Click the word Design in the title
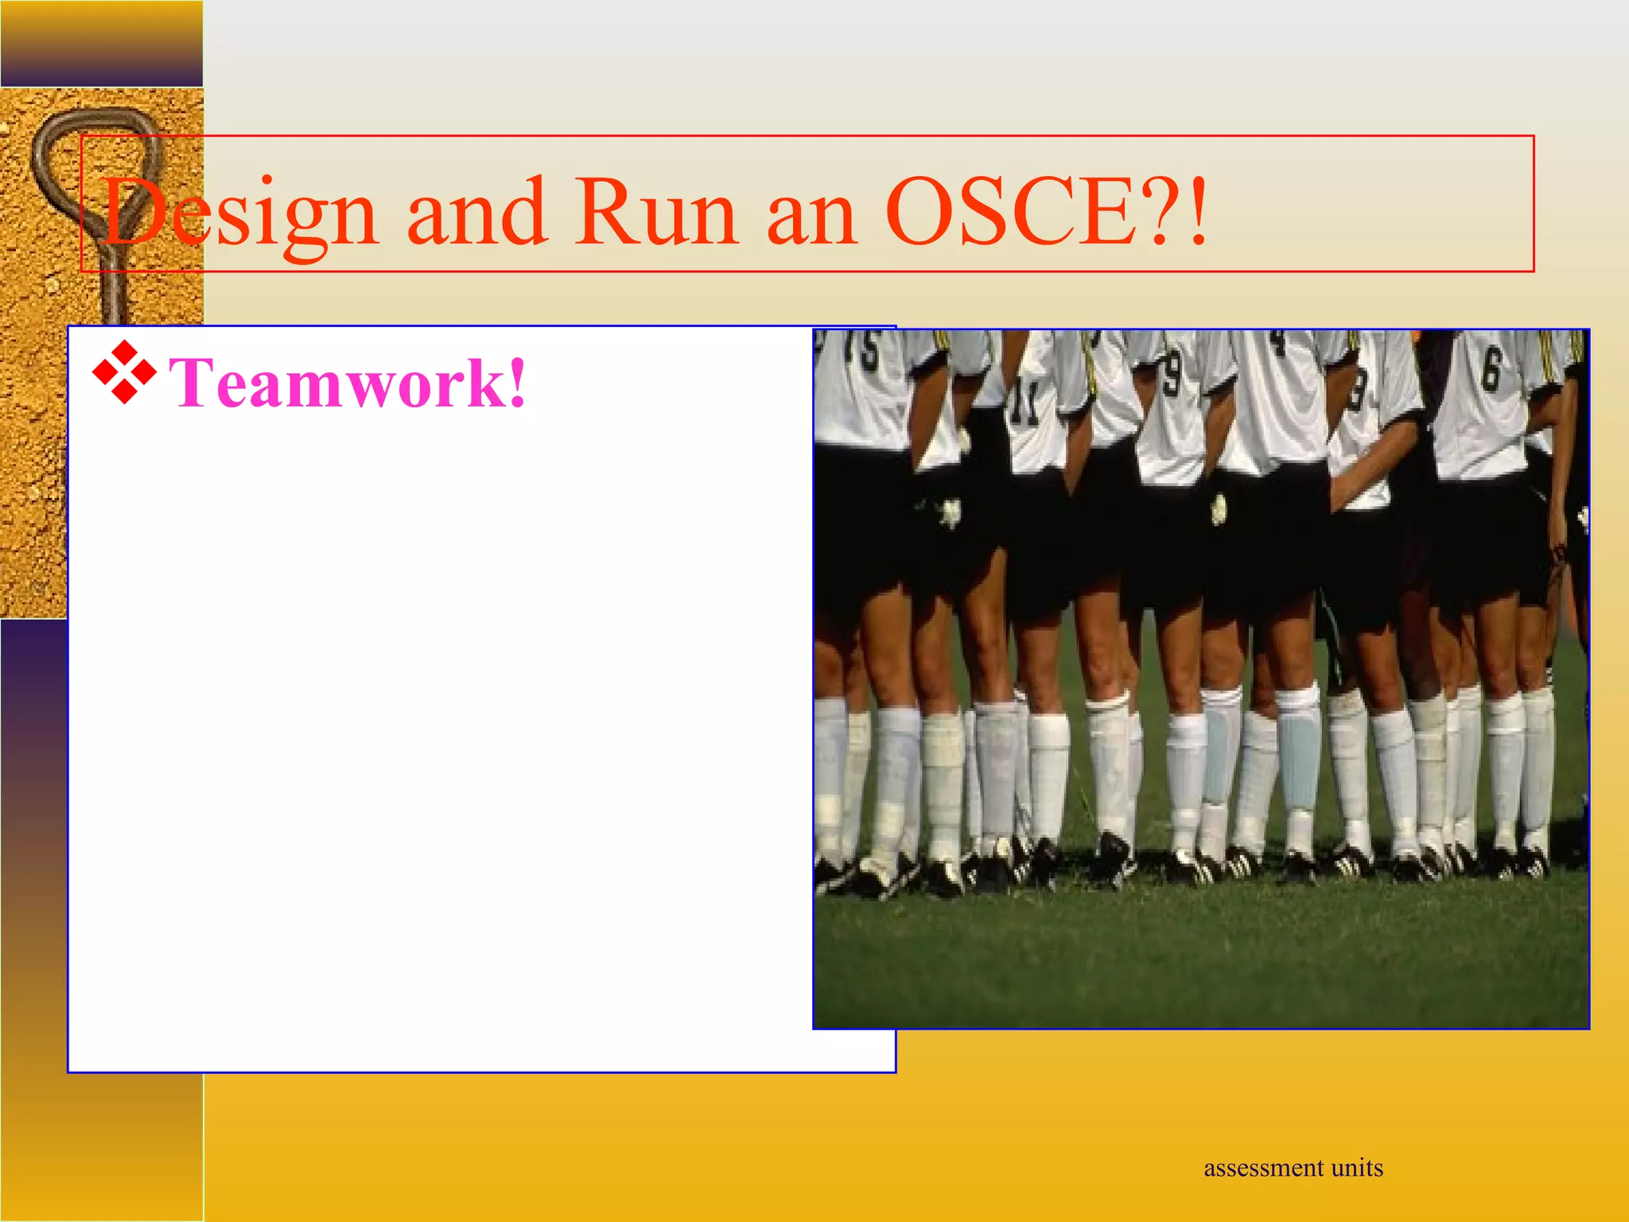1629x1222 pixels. pos(239,213)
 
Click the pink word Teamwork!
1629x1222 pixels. pos(347,383)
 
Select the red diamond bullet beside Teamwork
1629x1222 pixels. pos(124,372)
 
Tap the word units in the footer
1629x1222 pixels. pos(1357,1168)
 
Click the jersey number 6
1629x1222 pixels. pos(1491,370)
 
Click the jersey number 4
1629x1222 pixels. pos(1277,343)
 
